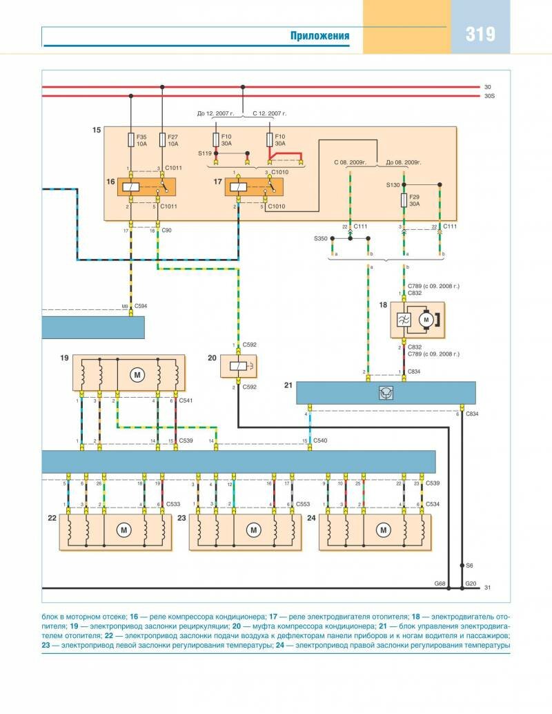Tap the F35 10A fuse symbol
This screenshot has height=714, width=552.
[130, 140]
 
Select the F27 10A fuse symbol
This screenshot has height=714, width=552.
[161, 140]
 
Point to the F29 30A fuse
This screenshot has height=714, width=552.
[404, 200]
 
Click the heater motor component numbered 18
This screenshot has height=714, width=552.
[417, 319]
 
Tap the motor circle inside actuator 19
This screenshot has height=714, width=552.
[137, 374]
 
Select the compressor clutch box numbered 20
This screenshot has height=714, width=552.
[238, 365]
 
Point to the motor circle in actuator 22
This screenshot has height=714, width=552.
[124, 530]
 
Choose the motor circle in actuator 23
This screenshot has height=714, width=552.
[254, 530]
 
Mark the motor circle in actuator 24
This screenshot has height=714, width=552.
[383, 530]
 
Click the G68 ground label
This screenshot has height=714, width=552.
[440, 583]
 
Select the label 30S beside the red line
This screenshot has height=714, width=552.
[490, 96]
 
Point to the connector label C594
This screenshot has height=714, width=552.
[141, 305]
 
